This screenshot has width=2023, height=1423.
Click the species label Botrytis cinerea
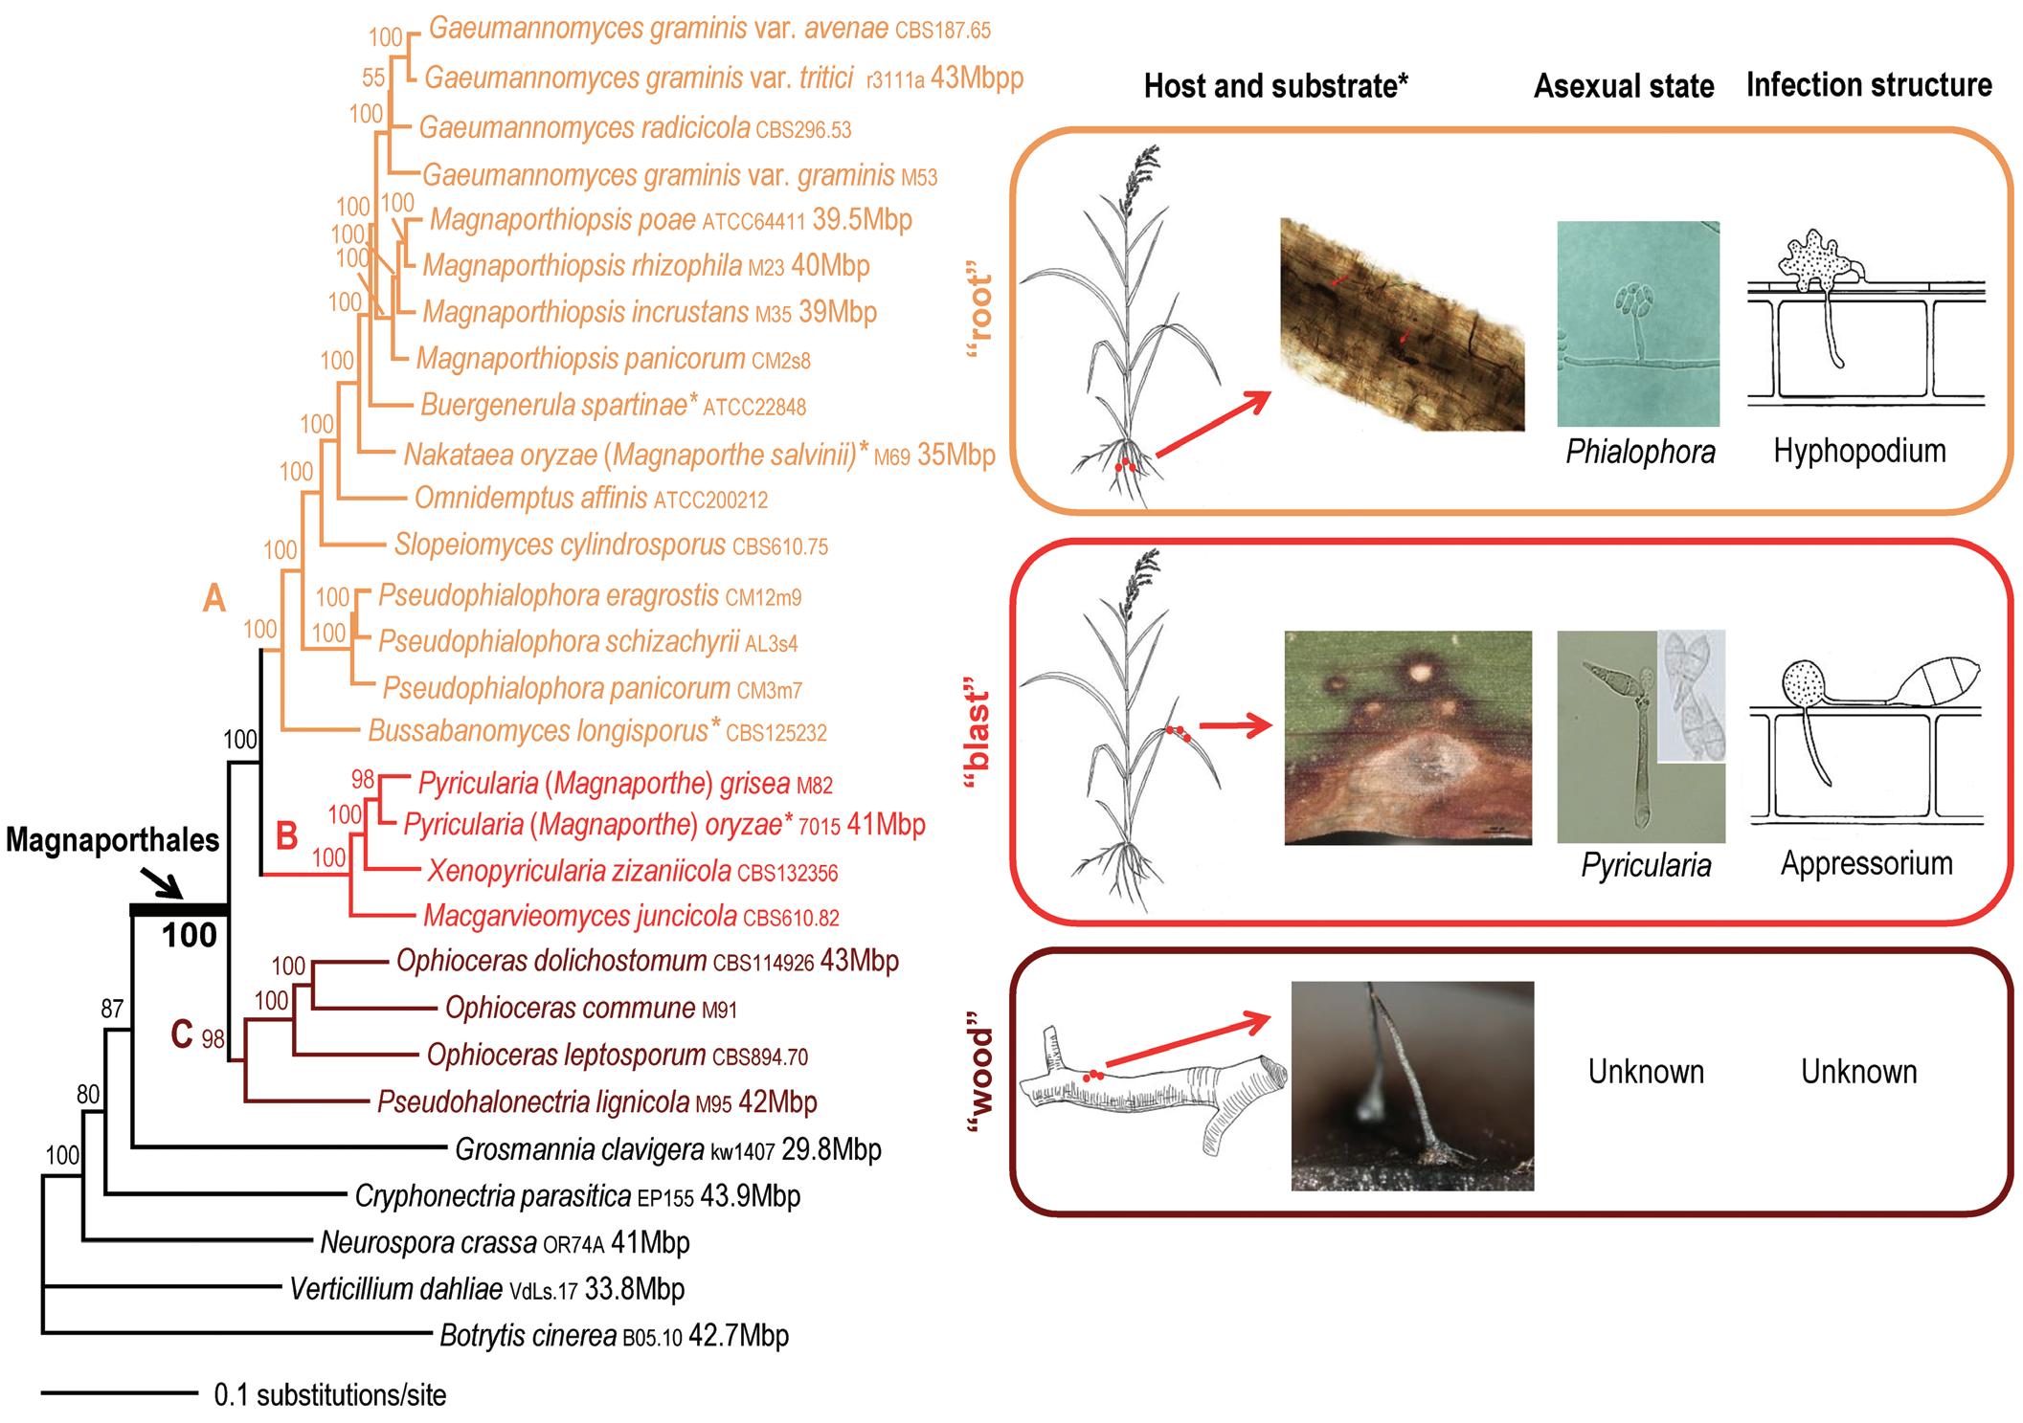pyautogui.click(x=528, y=1335)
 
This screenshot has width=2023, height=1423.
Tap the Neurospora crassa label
pyautogui.click(x=428, y=1242)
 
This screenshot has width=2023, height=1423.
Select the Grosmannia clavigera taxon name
pyautogui.click(x=578, y=1148)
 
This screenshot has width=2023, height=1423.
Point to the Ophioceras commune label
pyautogui.click(x=571, y=1008)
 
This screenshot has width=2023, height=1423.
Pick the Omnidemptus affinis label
pyautogui.click(x=530, y=498)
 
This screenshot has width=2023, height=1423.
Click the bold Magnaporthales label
pyautogui.click(x=113, y=840)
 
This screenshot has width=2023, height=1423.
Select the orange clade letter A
pyautogui.click(x=214, y=598)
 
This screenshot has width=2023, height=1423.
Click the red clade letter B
pyautogui.click(x=286, y=835)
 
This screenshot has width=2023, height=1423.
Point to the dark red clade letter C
pyautogui.click(x=182, y=1034)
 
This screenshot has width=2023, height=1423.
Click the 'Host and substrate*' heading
pyautogui.click(x=1275, y=86)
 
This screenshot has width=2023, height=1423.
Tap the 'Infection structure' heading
pyautogui.click(x=1868, y=84)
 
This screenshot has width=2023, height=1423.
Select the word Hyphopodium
pyautogui.click(x=1859, y=450)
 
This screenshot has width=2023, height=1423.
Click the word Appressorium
pyautogui.click(x=1866, y=863)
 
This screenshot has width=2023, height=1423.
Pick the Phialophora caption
pyautogui.click(x=1640, y=452)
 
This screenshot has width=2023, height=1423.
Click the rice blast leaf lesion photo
pyautogui.click(x=1407, y=737)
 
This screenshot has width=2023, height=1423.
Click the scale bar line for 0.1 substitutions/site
pyautogui.click(x=119, y=1393)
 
